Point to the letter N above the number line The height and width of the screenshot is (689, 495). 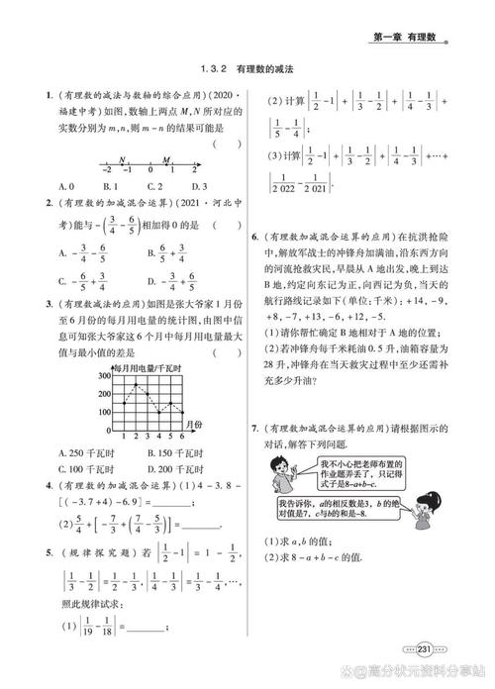(x=121, y=157)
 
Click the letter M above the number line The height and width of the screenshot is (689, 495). (x=165, y=157)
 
